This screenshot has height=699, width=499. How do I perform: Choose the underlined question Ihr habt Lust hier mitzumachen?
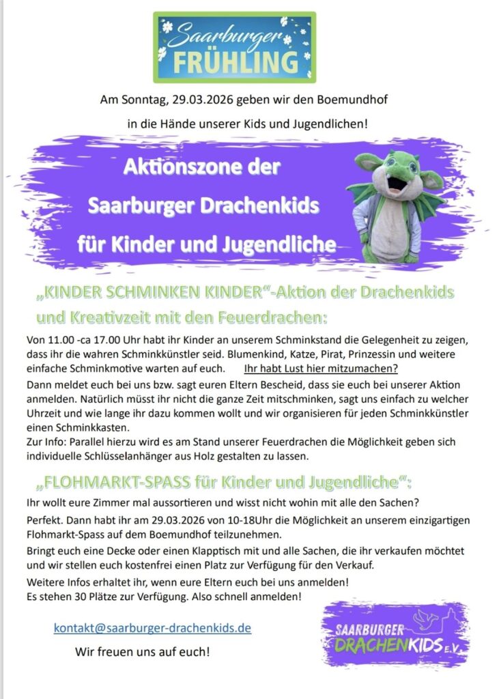pos(321,367)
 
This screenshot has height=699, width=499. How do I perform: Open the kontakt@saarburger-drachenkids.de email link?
pos(152,627)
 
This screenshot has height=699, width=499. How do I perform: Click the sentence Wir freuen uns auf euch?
pos(142,652)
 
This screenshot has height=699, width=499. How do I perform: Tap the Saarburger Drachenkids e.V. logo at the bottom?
pos(397,634)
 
